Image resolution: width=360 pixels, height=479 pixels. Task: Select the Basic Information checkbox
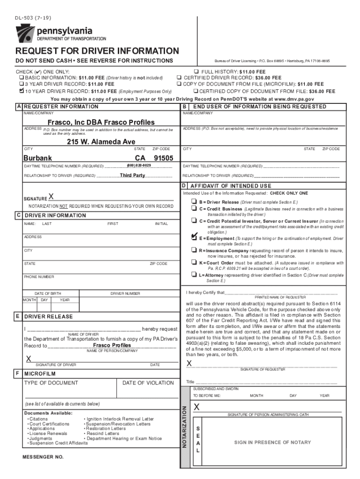pos(21,77)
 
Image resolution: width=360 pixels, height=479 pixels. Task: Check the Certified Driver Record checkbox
pos(179,77)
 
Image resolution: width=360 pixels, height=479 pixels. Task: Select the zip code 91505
pos(163,158)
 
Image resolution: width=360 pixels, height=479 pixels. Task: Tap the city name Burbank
pos(38,158)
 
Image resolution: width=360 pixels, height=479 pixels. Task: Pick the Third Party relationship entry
pos(132,175)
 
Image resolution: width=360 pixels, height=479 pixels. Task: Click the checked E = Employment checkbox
pos(194,237)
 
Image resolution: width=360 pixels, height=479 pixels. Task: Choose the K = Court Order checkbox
pos(193,263)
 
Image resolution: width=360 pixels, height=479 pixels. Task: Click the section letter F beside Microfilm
pos(17,374)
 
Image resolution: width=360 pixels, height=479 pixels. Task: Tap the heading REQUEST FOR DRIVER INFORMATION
pos(97,51)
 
